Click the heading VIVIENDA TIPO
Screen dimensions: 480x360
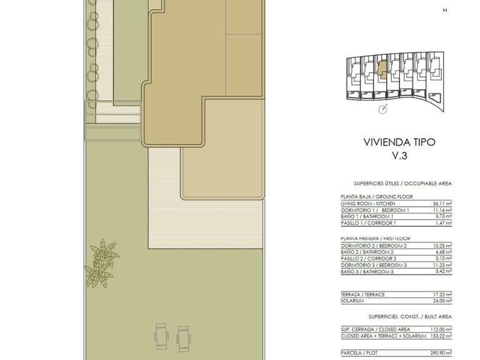[x=399, y=142]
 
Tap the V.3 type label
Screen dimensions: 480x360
[x=400, y=156]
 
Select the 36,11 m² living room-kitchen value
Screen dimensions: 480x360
[x=442, y=204]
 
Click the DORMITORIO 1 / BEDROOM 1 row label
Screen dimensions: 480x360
[x=375, y=210]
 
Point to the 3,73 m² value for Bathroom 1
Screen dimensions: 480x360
[x=444, y=216]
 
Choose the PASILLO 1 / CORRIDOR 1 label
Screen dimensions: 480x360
[x=368, y=223]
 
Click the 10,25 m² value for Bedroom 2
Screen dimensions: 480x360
[x=442, y=246]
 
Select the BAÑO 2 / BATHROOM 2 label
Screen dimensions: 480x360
[x=367, y=252]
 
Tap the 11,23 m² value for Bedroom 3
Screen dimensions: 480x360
[x=442, y=266]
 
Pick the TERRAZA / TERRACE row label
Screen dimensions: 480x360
[x=362, y=294]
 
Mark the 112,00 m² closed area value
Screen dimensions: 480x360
[x=441, y=330]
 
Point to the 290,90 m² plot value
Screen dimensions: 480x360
[x=441, y=353]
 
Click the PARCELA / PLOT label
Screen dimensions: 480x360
[x=359, y=353]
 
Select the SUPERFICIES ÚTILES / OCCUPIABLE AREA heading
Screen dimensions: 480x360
[x=403, y=184]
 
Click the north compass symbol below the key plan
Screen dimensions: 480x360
[x=382, y=109]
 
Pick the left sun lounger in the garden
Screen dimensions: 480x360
[x=161, y=336]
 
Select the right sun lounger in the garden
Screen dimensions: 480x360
[x=183, y=339]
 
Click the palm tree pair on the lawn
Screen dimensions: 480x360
[x=102, y=264]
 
